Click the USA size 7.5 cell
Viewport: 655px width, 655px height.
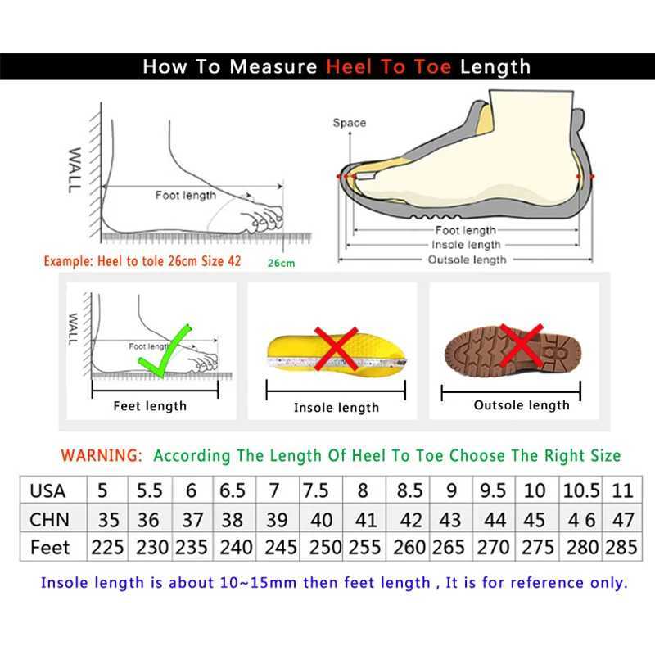[316, 490]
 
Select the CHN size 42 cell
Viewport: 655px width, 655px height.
[409, 519]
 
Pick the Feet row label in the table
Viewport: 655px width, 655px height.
[50, 547]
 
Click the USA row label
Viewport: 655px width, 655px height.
[47, 490]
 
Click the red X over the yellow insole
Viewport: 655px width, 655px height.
[337, 347]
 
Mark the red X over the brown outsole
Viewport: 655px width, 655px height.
[521, 344]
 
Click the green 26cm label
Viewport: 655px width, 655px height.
[280, 263]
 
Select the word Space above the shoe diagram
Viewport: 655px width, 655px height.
[349, 123]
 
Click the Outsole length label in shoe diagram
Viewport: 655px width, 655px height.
[468, 260]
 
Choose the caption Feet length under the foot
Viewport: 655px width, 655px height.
[150, 406]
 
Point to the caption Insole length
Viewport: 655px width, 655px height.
[337, 408]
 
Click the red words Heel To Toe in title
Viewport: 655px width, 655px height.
[389, 66]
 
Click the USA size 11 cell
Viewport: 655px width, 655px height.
[622, 490]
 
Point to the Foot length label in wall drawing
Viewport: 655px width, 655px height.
[186, 195]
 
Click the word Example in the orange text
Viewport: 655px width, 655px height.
[70, 262]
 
